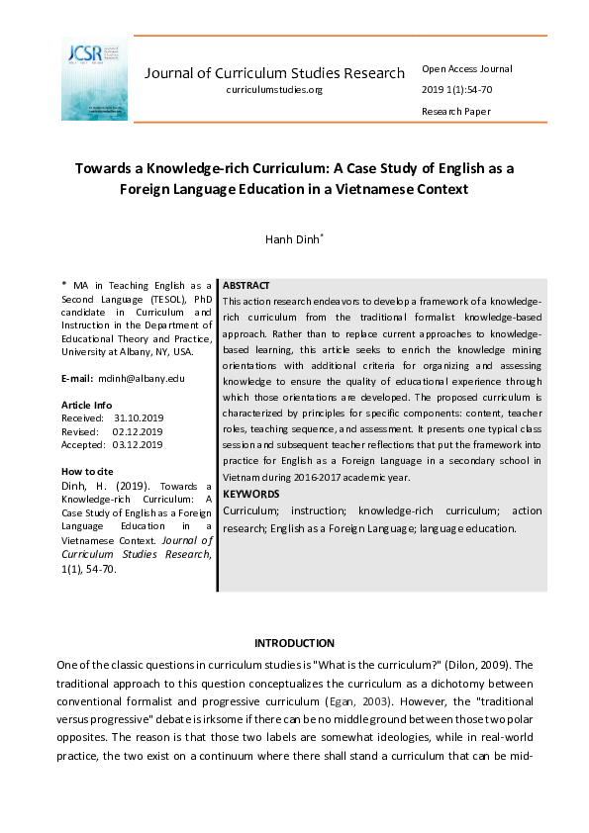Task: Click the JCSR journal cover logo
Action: pyautogui.click(x=94, y=79)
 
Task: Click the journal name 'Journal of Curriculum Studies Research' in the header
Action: pyautogui.click(x=274, y=73)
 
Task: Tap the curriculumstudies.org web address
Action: pyautogui.click(x=274, y=90)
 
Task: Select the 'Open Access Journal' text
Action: pyautogui.click(x=467, y=69)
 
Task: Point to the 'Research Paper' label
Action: pyautogui.click(x=455, y=112)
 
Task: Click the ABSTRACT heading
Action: pyautogui.click(x=246, y=285)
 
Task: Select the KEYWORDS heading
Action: pyautogui.click(x=250, y=494)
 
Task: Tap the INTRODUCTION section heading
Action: pyautogui.click(x=294, y=643)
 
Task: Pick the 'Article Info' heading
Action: pyautogui.click(x=87, y=406)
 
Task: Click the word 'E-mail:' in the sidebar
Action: pyautogui.click(x=76, y=379)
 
